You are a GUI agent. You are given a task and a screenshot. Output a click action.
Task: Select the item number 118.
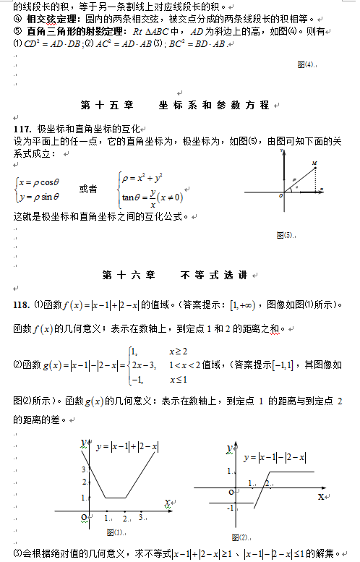[22, 303]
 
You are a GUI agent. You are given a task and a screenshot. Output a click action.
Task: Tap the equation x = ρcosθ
[40, 182]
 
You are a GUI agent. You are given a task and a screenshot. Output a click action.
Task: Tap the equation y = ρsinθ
[40, 196]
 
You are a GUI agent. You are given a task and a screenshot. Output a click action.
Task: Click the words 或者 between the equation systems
[88, 189]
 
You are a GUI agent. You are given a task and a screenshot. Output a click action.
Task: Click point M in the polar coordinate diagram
[314, 166]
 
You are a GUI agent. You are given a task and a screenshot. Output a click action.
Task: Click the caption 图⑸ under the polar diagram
[285, 235]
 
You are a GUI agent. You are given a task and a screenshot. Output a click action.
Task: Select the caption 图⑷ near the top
[306, 64]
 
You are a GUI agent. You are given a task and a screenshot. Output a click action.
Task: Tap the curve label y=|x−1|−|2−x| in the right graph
[275, 457]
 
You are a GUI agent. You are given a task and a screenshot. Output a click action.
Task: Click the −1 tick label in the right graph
[230, 508]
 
